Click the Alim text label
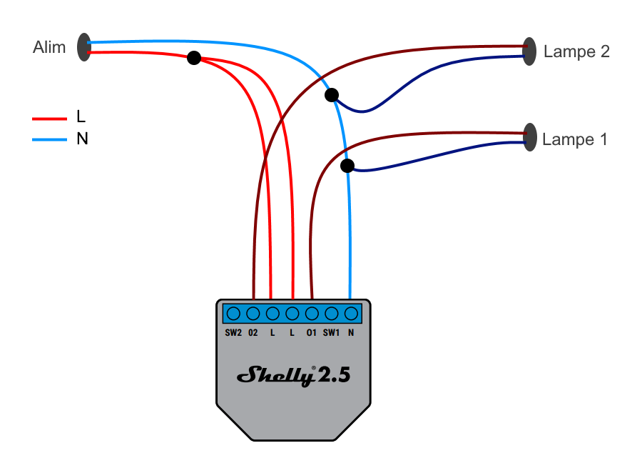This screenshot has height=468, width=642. coord(49,48)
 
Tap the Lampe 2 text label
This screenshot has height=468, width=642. coord(576,51)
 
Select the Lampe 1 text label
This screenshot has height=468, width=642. coord(575,139)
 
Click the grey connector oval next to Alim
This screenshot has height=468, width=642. coord(84,47)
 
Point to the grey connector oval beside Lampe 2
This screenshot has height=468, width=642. coord(529,51)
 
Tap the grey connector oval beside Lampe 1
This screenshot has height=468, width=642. coord(529,137)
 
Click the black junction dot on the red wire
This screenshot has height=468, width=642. coord(193,58)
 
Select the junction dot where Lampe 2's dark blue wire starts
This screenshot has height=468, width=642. coord(331,95)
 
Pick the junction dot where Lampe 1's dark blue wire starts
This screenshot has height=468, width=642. coord(347,166)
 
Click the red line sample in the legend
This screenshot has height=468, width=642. coord(49,118)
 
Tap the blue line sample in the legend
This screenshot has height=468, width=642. coord(49,139)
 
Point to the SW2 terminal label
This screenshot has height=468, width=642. coord(233,333)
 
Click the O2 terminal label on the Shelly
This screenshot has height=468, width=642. coord(253,333)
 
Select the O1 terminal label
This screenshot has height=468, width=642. coord(312,333)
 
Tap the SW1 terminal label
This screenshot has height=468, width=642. coord(331,333)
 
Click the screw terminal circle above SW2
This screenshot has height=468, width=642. coord(233,313)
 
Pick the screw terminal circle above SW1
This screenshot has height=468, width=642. coord(331,313)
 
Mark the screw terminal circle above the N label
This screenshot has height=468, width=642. coord(351,313)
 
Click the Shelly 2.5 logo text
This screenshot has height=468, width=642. coord(293,375)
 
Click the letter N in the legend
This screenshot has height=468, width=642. coord(82,139)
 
